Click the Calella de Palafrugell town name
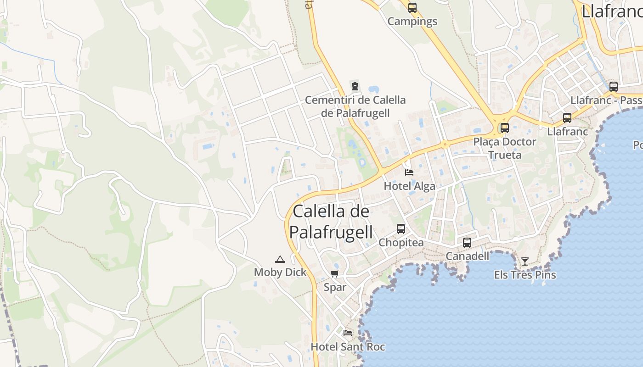tap(331, 222)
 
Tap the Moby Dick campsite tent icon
tap(280, 259)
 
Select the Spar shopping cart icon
tap(335, 274)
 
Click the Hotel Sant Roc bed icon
tap(348, 333)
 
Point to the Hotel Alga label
tap(409, 186)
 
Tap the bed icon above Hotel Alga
tap(409, 172)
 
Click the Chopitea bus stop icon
tap(401, 228)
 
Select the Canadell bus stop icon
tap(467, 243)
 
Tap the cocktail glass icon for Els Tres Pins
tap(525, 261)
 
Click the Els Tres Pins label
tap(525, 275)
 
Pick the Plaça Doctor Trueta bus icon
tap(505, 128)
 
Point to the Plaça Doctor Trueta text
tap(505, 148)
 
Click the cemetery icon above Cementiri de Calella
tap(355, 86)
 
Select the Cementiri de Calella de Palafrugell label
tap(355, 106)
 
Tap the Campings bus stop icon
tap(412, 8)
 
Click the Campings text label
tap(412, 21)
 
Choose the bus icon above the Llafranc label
tap(567, 118)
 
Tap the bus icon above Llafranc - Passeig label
tap(614, 87)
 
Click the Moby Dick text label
tap(280, 272)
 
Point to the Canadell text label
tap(468, 256)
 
